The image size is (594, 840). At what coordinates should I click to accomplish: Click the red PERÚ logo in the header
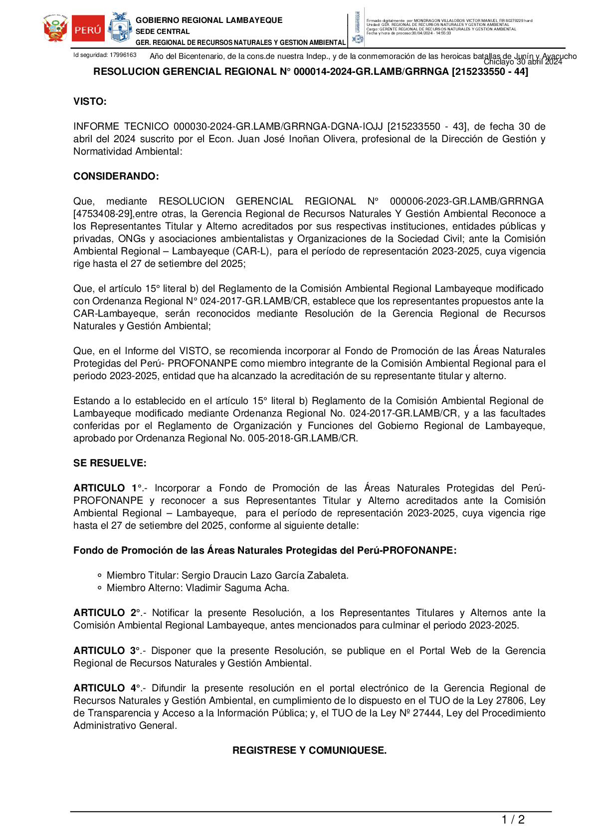click(x=88, y=29)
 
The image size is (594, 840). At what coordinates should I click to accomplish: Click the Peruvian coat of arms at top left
click(x=55, y=29)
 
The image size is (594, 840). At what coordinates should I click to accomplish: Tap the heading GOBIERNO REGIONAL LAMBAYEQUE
click(x=209, y=20)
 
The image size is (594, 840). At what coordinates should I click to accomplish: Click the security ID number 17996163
click(x=123, y=55)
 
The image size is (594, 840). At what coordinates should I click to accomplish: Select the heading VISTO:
click(x=90, y=102)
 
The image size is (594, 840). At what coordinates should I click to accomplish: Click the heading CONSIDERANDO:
click(x=116, y=177)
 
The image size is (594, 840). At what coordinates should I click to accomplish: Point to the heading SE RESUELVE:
click(x=110, y=463)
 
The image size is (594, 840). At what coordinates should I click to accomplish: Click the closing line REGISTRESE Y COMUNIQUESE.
click(x=309, y=751)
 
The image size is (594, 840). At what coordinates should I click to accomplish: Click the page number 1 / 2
click(x=513, y=820)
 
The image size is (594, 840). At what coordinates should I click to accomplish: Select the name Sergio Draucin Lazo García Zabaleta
click(x=265, y=576)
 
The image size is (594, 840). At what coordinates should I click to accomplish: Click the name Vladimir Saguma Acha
click(x=237, y=588)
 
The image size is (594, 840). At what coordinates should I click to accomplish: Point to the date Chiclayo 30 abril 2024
click(x=523, y=62)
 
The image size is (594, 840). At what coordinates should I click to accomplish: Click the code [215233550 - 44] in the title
click(x=490, y=72)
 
